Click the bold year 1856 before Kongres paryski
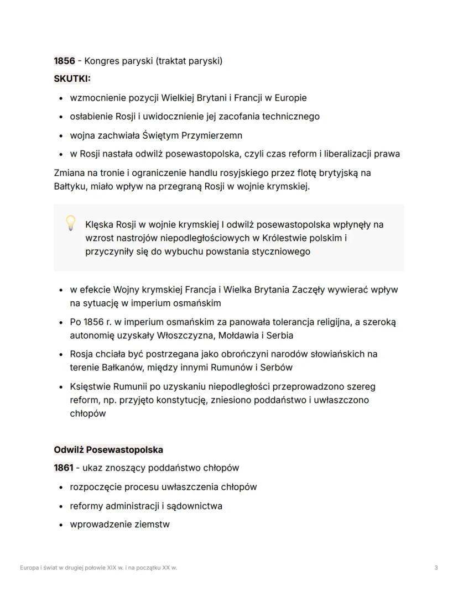click(x=64, y=61)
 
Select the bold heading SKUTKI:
click(x=72, y=79)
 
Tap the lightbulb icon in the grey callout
click(x=70, y=223)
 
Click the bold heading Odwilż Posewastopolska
click(x=108, y=449)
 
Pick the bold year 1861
click(x=63, y=468)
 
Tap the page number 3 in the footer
click(x=436, y=568)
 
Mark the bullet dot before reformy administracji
click(x=60, y=506)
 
